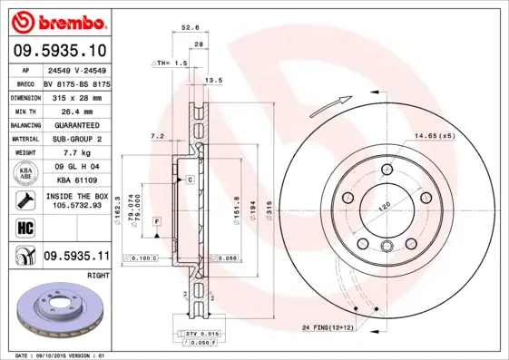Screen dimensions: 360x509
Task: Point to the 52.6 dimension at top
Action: [191, 27]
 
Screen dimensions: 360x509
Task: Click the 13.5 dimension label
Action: [215, 81]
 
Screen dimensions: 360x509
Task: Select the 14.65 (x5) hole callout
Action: [434, 135]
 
